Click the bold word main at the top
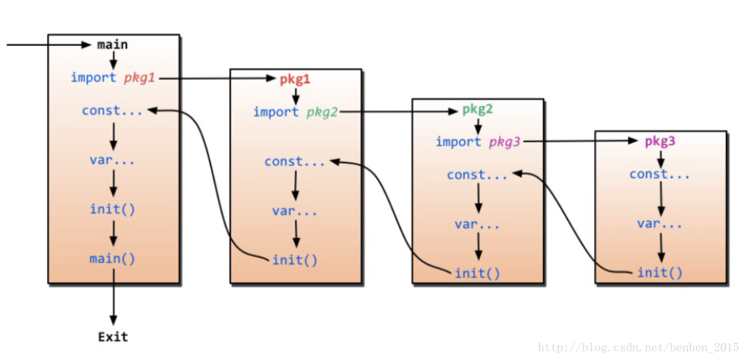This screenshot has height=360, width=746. click(112, 45)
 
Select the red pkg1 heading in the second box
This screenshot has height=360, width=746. click(295, 79)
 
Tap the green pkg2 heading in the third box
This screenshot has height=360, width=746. click(478, 109)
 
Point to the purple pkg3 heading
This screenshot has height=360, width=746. click(660, 141)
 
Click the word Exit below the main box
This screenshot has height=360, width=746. click(113, 337)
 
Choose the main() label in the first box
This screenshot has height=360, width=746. click(112, 258)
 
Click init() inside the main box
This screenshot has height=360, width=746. click(112, 209)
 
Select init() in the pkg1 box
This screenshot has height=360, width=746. click(295, 259)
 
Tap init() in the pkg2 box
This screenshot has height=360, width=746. click(478, 273)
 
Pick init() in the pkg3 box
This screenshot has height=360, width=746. click(660, 273)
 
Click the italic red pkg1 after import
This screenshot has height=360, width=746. click(140, 78)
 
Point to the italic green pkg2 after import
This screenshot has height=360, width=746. click(322, 112)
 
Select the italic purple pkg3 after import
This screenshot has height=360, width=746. click(505, 143)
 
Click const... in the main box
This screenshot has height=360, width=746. click(112, 111)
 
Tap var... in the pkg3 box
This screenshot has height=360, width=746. click(660, 224)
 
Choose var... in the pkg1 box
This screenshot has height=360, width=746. click(295, 211)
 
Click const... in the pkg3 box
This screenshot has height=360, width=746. click(660, 175)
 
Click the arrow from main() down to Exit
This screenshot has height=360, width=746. click(113, 295)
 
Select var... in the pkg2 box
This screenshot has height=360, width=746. click(478, 224)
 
